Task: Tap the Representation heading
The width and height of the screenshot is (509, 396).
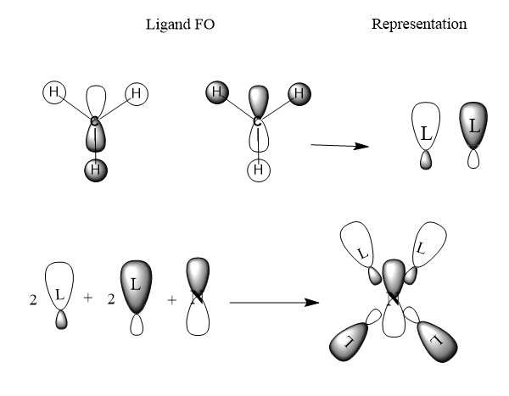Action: pos(419,25)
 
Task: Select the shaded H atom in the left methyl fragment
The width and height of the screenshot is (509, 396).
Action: pos(96,170)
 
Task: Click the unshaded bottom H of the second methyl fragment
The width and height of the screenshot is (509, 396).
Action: pos(259,170)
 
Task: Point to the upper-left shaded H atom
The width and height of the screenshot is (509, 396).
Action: pos(217,92)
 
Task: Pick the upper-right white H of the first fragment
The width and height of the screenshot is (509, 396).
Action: pos(137,94)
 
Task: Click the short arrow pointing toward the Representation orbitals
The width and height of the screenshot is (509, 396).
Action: pos(340,146)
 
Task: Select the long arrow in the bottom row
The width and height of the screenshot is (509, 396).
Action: pos(275,303)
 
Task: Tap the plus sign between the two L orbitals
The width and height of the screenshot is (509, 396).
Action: pos(87,298)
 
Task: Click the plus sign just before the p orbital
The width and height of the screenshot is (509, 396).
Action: pos(171,300)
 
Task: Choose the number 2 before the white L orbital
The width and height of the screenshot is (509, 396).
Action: pos(33,300)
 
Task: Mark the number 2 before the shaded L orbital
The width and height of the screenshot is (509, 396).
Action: pos(111,299)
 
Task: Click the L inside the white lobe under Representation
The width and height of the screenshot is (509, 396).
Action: pos(426,133)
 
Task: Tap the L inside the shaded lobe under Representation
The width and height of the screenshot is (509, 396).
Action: pos(474,126)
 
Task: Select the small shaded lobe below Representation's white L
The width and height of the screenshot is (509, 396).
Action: pos(426,160)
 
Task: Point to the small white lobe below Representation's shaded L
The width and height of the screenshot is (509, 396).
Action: pos(473,159)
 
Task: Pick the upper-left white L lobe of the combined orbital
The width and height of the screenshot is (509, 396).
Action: pos(356,244)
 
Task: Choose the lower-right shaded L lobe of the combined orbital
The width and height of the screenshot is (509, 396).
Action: pos(437,341)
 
